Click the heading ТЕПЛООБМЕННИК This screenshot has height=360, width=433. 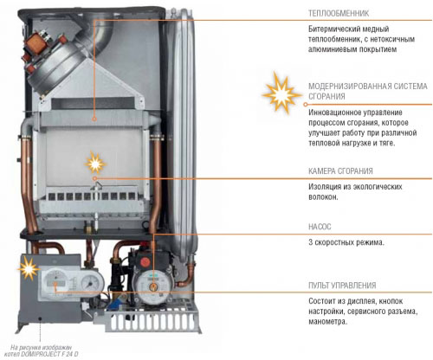pyautogui.click(x=339, y=13)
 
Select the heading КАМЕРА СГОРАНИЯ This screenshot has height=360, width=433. pyautogui.click(x=340, y=171)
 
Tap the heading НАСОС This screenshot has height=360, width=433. pyautogui.click(x=320, y=227)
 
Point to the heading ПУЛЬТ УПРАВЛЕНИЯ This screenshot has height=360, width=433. pyautogui.click(x=342, y=286)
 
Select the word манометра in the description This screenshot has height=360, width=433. pyautogui.click(x=327, y=322)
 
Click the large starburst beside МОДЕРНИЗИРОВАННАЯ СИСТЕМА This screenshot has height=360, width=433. pyautogui.click(x=281, y=93)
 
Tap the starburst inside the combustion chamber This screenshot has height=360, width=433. pyautogui.click(x=95, y=164)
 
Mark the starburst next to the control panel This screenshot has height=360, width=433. pyautogui.click(x=28, y=268)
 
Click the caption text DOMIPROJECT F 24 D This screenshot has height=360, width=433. pyautogui.click(x=49, y=354)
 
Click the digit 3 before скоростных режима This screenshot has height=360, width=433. pyautogui.click(x=311, y=242)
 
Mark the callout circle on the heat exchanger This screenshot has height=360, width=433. pyautogui.click(x=94, y=119)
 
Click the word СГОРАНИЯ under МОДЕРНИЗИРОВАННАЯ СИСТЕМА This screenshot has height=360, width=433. pyautogui.click(x=326, y=97)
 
